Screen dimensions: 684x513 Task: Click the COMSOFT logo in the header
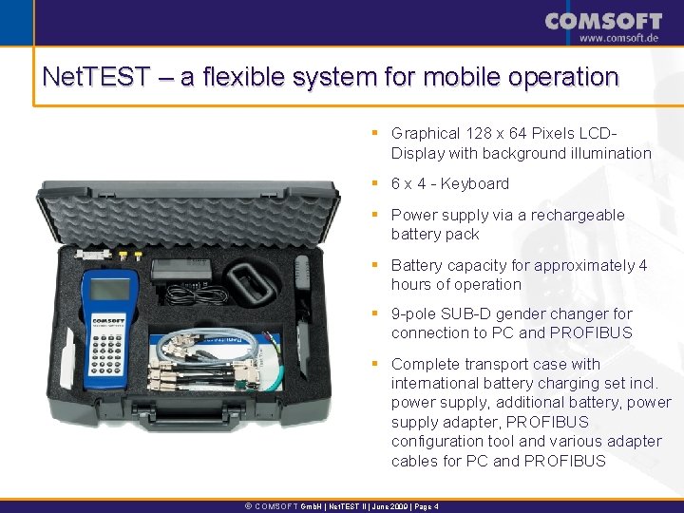tap(603, 21)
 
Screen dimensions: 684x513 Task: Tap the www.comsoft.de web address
tap(618, 38)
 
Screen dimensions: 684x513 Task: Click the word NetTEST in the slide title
tap(96, 76)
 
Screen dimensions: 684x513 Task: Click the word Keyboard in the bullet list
tap(475, 183)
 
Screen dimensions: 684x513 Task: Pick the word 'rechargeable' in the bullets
tap(578, 215)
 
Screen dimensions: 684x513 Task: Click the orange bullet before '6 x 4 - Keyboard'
tap(374, 182)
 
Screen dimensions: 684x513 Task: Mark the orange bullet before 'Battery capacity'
tap(374, 264)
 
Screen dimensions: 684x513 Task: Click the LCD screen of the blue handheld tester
tap(109, 289)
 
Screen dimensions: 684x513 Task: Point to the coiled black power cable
tap(197, 294)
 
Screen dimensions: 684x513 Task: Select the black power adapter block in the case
tap(181, 270)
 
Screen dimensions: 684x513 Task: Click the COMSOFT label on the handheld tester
tap(108, 321)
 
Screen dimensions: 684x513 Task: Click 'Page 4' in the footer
tap(427, 506)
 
